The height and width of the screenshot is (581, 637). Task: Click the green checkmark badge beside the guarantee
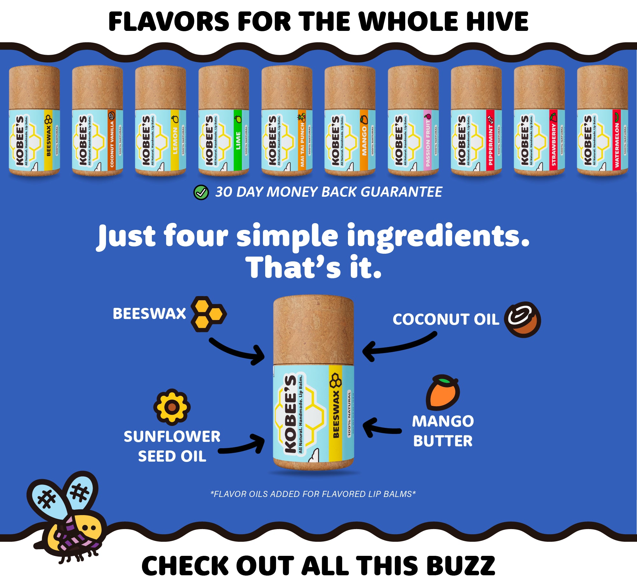tap(201, 192)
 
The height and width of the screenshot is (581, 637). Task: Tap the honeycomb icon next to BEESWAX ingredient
tap(209, 314)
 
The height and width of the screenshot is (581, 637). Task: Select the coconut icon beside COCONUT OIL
tap(522, 319)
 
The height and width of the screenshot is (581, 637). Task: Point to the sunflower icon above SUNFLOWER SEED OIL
tap(172, 407)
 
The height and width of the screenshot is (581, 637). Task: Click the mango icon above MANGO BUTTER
tap(443, 392)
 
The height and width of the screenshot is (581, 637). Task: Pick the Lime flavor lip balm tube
tap(223, 121)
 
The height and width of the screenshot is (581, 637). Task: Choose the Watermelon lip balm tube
tap(602, 121)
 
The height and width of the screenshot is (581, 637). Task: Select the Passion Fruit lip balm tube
tap(413, 121)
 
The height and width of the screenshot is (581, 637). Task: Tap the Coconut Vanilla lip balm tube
tap(97, 121)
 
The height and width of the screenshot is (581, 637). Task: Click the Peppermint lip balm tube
tap(476, 121)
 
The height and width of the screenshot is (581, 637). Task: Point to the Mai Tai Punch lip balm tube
tap(287, 121)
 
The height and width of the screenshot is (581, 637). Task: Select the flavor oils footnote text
tap(313, 494)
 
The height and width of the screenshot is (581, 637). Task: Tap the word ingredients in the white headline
tap(438, 236)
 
